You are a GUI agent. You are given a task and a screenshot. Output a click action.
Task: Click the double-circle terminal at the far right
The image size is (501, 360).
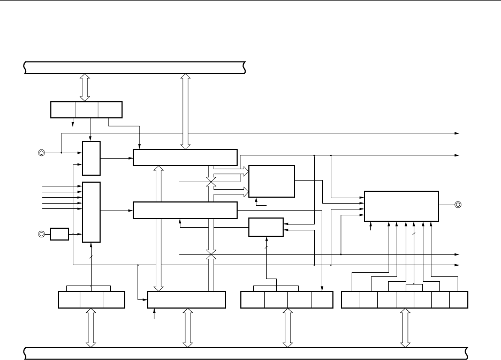(x=458, y=205)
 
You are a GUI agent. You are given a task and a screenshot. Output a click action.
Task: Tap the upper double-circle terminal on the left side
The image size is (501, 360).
(x=41, y=152)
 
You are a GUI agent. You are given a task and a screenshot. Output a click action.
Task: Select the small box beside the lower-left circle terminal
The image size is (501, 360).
(x=59, y=234)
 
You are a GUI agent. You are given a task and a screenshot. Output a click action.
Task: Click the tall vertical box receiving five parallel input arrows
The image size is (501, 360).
(x=92, y=212)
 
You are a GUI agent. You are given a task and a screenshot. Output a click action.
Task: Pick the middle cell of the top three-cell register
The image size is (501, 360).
(x=87, y=109)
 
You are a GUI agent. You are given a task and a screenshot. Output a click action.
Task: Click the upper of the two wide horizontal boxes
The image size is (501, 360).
(x=185, y=157)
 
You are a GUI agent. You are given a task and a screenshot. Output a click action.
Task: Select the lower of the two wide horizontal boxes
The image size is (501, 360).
(x=185, y=210)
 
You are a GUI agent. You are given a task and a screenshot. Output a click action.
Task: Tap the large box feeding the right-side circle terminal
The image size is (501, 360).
(x=401, y=206)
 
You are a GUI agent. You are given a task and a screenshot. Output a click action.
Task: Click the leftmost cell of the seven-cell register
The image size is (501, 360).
(x=350, y=300)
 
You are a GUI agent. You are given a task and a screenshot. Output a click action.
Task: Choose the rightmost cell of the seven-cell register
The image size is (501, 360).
(x=459, y=300)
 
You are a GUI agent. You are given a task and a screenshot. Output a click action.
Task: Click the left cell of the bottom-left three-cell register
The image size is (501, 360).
(x=69, y=300)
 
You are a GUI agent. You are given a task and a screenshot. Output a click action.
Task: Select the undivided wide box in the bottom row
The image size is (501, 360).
(x=186, y=300)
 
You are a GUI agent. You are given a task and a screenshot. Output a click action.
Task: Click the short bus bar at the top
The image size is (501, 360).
(x=134, y=68)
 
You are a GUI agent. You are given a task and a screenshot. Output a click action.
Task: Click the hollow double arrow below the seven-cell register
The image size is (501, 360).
(x=405, y=327)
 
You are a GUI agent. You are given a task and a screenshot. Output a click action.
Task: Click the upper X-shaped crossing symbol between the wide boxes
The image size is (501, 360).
(x=211, y=183)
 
